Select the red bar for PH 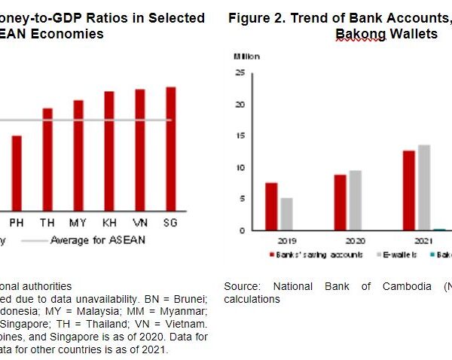[x=17, y=173]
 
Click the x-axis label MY [x=78, y=223]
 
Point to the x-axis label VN [x=140, y=223]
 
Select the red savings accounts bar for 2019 [x=271, y=206]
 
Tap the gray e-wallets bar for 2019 [x=286, y=214]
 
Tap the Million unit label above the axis [x=246, y=56]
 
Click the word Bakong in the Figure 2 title [x=359, y=35]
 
